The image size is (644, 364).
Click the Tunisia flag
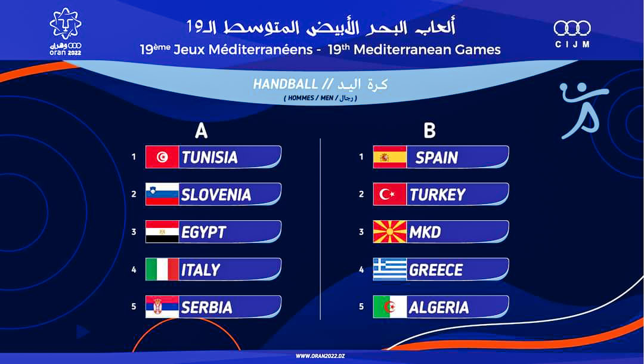pyautogui.click(x=162, y=157)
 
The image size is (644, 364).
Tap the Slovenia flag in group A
pyautogui.click(x=162, y=195)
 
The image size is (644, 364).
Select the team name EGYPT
pyautogui.click(x=204, y=232)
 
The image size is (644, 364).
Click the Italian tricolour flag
pyautogui.click(x=162, y=270)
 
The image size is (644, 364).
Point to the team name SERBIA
pyautogui.click(x=207, y=307)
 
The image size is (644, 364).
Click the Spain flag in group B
pyautogui.click(x=390, y=157)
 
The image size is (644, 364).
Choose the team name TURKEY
pyautogui.click(x=438, y=195)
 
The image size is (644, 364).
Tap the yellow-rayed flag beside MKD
pyautogui.click(x=390, y=232)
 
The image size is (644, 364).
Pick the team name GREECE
pyautogui.click(x=436, y=270)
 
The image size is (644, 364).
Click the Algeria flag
pyautogui.click(x=390, y=307)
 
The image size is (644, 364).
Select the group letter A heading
pyautogui.click(x=201, y=131)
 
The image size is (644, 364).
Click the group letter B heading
pyautogui.click(x=429, y=131)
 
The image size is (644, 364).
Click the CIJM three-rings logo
pyautogui.click(x=572, y=34)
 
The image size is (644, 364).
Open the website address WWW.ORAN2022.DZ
pyautogui.click(x=321, y=356)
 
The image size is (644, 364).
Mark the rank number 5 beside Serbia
pyautogui.click(x=134, y=307)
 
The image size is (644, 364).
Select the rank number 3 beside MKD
pyautogui.click(x=361, y=232)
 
